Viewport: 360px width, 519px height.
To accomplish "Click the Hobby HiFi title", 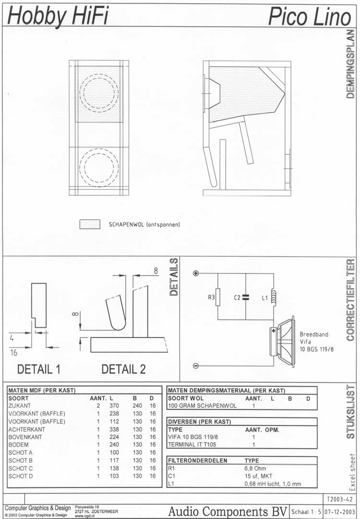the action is coord(58,16).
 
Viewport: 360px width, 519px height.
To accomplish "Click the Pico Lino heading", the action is coord(309,17).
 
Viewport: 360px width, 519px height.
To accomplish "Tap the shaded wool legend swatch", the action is coord(90,224).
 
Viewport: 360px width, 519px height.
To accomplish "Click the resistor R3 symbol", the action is coord(218,297).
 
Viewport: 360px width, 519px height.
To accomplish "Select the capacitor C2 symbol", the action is coord(245,297).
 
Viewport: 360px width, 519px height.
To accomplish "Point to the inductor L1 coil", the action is coord(274,296).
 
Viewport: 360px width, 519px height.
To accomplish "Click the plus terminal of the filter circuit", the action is coord(196,273).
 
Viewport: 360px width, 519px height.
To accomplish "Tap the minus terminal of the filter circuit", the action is coord(196,366).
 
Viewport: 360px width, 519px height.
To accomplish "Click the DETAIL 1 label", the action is coord(39,369).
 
